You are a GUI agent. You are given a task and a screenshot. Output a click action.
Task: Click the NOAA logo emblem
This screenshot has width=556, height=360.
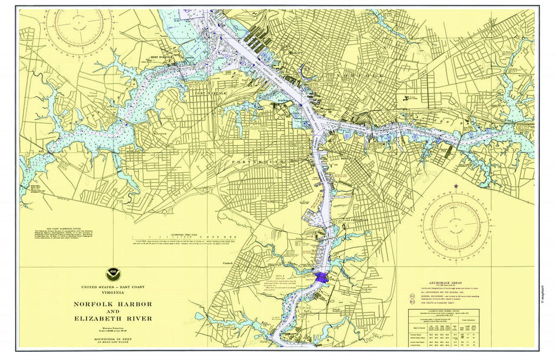(113, 274)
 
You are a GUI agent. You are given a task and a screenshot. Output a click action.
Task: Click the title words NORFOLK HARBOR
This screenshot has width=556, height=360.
(113, 304)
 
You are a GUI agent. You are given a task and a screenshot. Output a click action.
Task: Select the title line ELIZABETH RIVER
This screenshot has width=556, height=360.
(113, 318)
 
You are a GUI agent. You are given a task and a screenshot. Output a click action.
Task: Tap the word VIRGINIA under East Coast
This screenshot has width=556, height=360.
(113, 292)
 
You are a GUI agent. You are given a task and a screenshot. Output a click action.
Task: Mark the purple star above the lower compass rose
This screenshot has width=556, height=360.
(455, 187)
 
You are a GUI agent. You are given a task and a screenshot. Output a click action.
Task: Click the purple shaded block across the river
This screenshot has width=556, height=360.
(321, 277)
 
